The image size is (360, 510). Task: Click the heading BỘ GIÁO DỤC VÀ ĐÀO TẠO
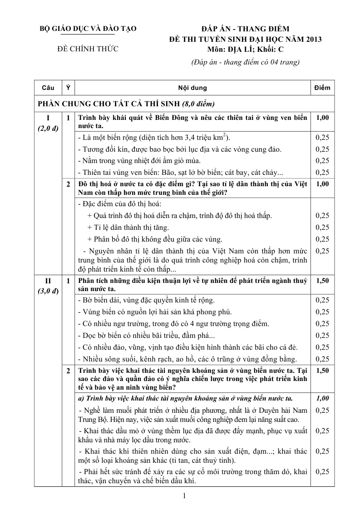point(88,29)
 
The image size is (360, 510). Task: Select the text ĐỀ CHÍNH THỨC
point(88,49)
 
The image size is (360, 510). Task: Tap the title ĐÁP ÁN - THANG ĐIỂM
point(245,29)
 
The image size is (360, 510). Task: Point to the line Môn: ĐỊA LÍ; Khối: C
point(245,50)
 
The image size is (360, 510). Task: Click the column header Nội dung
point(192,88)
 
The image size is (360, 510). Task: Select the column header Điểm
point(322,88)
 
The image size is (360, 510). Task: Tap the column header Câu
point(48,88)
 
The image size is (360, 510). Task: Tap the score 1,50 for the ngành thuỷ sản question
point(322,281)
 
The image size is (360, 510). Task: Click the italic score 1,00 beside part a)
point(322,398)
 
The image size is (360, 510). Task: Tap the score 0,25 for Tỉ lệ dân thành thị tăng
point(322,227)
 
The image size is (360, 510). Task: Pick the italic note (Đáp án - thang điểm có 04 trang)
point(245,62)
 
